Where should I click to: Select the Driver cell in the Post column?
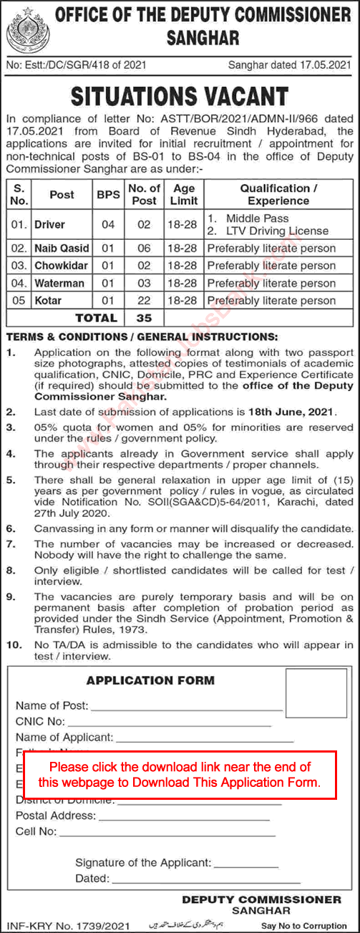tap(49, 224)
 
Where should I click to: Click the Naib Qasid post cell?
tap(62, 248)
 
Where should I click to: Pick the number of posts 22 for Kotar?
tap(144, 300)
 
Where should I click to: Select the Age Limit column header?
tap(183, 194)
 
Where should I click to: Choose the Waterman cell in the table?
tap(59, 283)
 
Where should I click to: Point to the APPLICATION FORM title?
tap(150, 680)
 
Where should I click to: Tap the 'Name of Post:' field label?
tap(52, 705)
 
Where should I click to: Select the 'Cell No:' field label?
tap(37, 831)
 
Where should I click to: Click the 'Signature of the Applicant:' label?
tap(143, 863)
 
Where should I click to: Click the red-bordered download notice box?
tap(180, 774)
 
